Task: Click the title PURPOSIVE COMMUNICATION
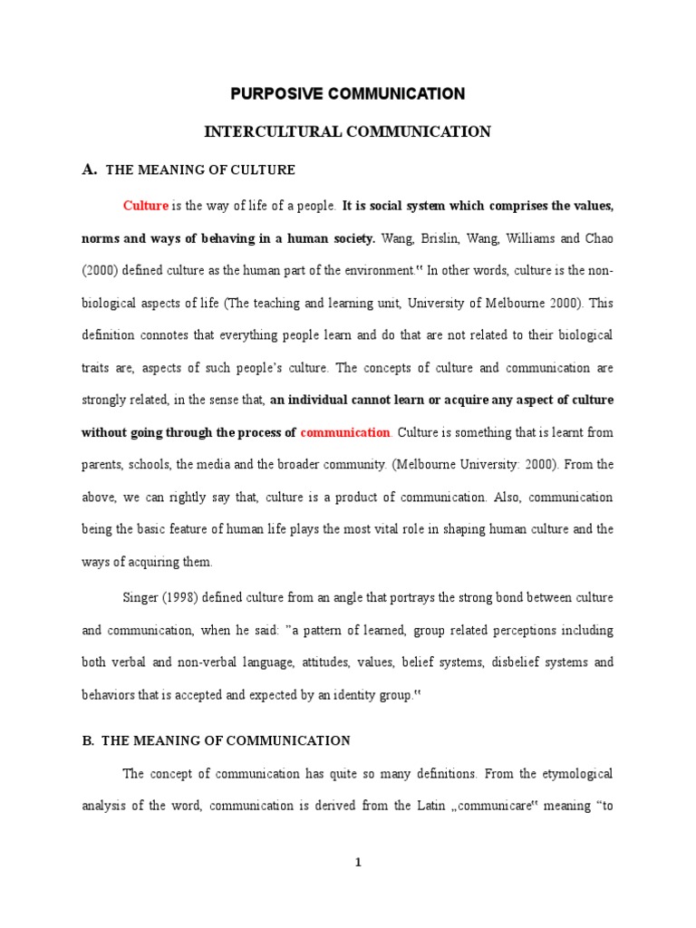(x=347, y=93)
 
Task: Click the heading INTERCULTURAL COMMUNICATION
(x=347, y=132)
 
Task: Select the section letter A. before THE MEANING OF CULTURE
(x=89, y=169)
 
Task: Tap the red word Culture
(x=145, y=206)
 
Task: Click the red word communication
(x=345, y=432)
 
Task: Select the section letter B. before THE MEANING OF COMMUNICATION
(x=88, y=740)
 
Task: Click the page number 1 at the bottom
(x=358, y=863)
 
